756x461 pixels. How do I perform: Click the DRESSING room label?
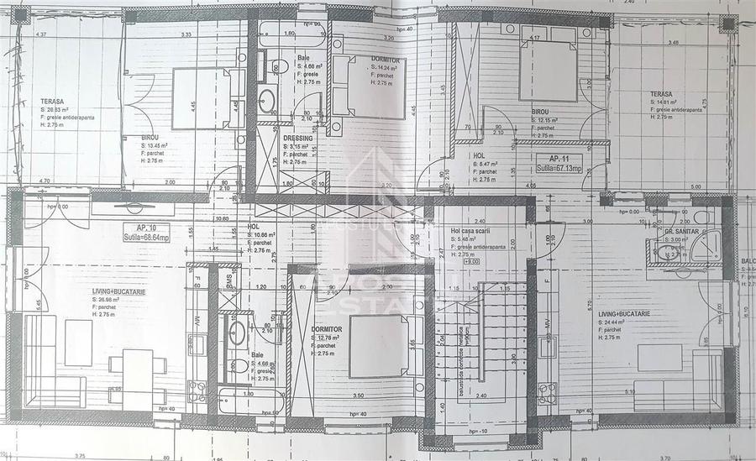pyautogui.click(x=298, y=139)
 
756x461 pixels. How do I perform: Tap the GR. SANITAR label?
pyautogui.click(x=682, y=230)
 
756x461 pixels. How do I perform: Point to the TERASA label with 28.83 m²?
pyautogui.click(x=52, y=102)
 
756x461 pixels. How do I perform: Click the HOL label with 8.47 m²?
pyautogui.click(x=480, y=155)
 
